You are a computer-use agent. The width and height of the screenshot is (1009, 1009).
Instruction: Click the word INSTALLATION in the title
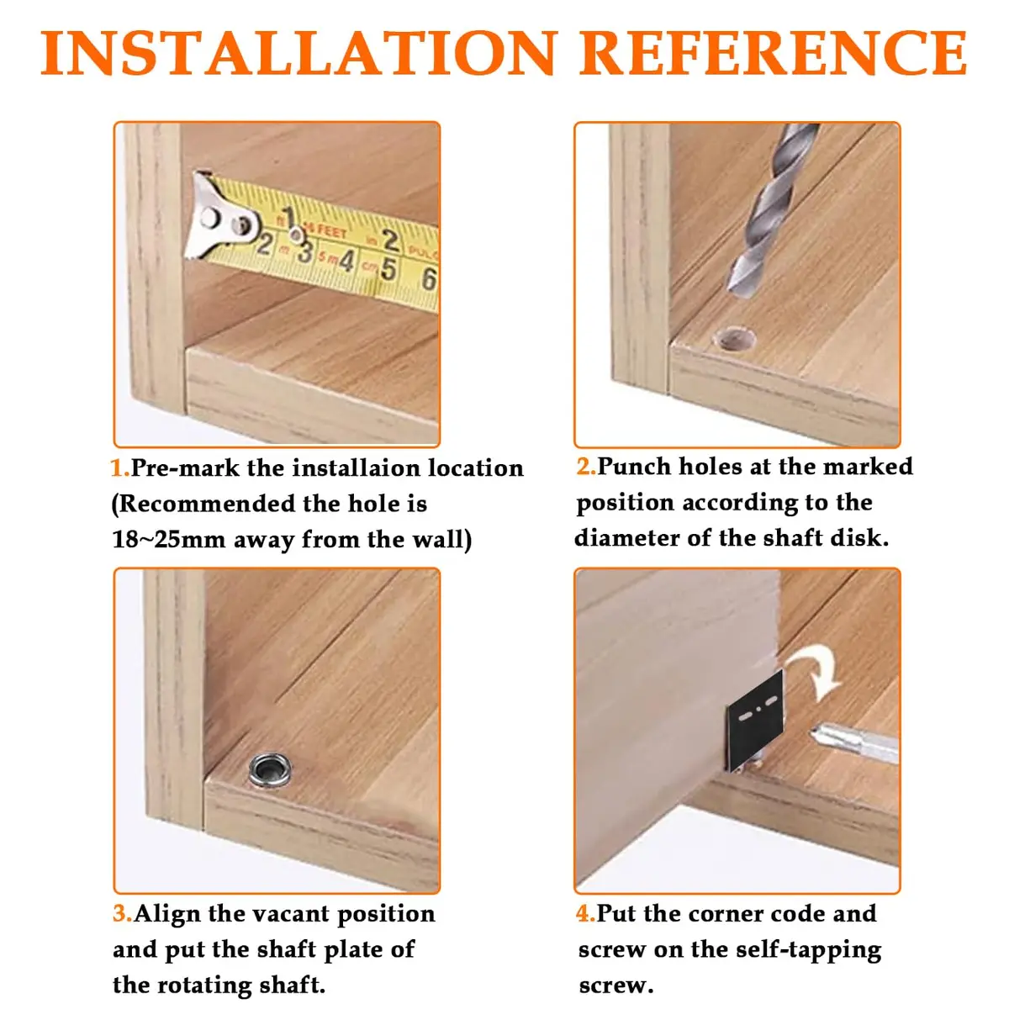(x=298, y=54)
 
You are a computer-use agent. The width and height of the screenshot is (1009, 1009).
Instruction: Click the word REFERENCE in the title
(x=773, y=54)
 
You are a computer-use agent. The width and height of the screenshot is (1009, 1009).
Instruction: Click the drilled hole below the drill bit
(x=735, y=339)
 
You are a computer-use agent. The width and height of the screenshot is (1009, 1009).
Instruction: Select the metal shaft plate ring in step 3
(x=270, y=770)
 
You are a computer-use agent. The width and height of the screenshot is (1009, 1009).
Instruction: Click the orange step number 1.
(x=119, y=468)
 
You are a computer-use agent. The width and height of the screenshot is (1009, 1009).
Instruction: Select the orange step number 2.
(x=586, y=466)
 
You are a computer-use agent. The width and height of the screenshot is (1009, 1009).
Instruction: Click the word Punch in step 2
(x=634, y=466)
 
